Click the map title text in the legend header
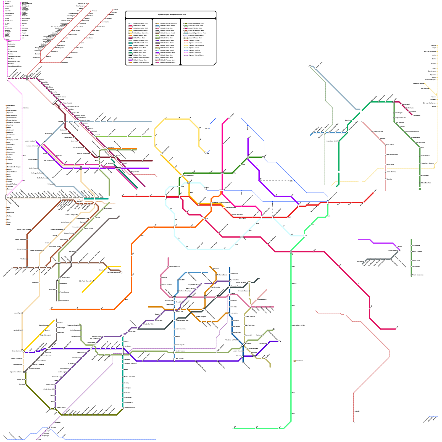pyautogui.click(x=172, y=15)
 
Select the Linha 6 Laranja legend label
pyautogui.click(x=140, y=36)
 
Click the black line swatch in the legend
pyautogui.click(x=131, y=55)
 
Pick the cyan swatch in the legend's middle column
pyautogui.click(x=157, y=50)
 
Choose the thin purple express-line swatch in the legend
pyautogui.click(x=186, y=55)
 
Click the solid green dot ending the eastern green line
pyautogui.click(x=420, y=189)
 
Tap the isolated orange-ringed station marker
pyautogui.click(x=295, y=361)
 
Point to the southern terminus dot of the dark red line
pyautogui.click(x=354, y=422)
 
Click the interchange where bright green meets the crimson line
pyautogui.click(x=291, y=251)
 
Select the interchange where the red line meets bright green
pyautogui.click(x=328, y=202)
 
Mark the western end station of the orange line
pyautogui.click(x=50, y=309)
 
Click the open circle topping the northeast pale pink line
pyautogui.click(x=362, y=122)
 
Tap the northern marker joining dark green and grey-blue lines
pyautogui.click(x=310, y=66)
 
